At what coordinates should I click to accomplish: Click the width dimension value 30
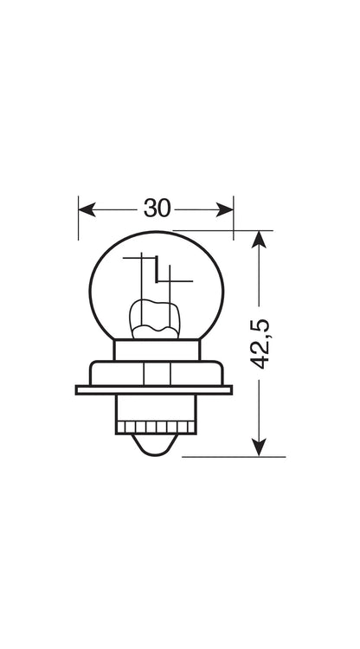(157, 209)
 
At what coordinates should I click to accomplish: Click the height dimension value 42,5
(260, 344)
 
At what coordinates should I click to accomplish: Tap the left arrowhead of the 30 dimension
(87, 209)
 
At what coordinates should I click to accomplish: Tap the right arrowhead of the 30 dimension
(225, 209)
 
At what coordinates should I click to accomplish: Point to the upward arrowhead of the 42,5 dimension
(259, 239)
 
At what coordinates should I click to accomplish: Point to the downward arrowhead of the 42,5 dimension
(259, 448)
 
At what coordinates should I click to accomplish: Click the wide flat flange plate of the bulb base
(154, 390)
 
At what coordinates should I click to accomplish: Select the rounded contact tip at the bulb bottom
(156, 445)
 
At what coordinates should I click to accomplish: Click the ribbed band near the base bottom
(156, 427)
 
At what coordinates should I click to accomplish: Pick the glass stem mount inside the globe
(156, 319)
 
